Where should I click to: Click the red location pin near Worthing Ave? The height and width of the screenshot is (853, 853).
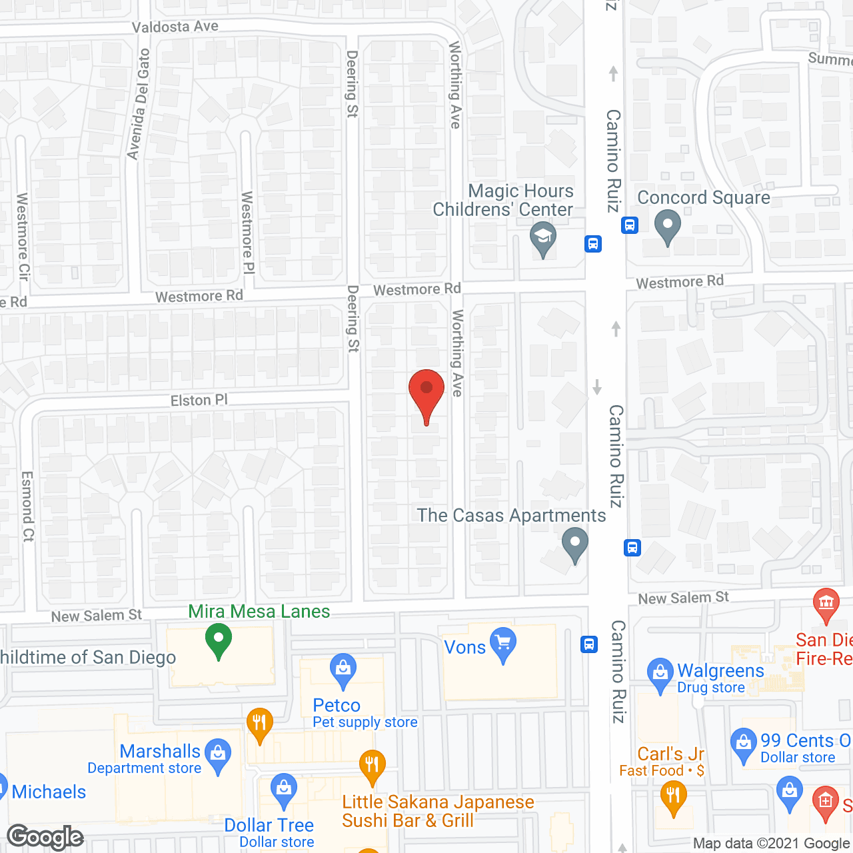coord(426,393)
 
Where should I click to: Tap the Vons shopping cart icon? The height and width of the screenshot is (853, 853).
coord(502,644)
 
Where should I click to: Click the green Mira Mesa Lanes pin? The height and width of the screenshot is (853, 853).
coord(218,640)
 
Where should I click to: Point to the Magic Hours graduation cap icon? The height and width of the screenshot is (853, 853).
coord(543,238)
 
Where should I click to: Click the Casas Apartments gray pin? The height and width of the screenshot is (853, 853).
coord(574,544)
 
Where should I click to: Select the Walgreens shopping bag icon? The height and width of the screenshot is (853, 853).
coord(660,674)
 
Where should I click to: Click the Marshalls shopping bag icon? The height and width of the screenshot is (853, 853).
coord(217,754)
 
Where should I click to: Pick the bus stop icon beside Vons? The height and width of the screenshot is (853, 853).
coord(589,644)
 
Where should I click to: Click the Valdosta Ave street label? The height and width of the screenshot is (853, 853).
coord(175,27)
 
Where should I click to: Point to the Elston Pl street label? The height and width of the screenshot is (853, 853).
coord(199,401)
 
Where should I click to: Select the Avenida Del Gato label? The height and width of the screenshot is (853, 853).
coord(139,105)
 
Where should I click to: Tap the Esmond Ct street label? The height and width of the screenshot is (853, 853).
coord(27,506)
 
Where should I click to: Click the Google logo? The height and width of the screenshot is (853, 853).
coord(45,837)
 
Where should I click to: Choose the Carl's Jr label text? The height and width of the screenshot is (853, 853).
coord(670,754)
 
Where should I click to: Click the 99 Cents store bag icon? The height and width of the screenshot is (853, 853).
coord(743,744)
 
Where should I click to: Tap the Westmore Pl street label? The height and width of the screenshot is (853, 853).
coord(247,233)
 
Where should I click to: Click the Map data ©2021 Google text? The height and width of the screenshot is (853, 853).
coord(772,844)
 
